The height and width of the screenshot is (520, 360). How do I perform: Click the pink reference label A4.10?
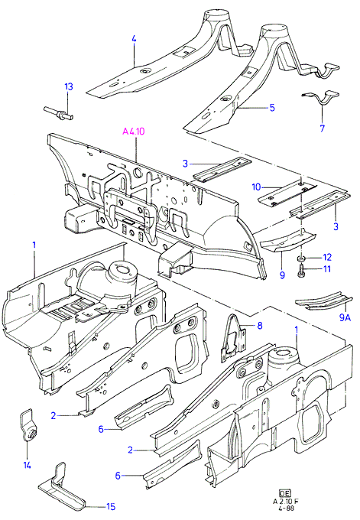[134, 132]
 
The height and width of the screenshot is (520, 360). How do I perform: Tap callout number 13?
[69, 87]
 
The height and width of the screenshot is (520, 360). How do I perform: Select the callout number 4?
[134, 39]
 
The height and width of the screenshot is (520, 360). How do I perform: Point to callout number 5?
[272, 108]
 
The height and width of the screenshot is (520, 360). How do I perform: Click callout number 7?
[323, 128]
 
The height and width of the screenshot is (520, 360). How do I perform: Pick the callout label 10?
[257, 187]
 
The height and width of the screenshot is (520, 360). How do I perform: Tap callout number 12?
[327, 258]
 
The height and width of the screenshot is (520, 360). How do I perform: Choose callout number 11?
[327, 268]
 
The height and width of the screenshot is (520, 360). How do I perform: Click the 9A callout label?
[345, 317]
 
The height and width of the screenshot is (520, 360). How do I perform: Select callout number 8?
[260, 326]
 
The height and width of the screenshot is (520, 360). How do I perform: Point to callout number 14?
[28, 465]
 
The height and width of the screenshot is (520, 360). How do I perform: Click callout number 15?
[111, 506]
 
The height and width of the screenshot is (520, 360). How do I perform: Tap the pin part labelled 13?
[58, 113]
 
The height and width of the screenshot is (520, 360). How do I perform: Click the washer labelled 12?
[302, 258]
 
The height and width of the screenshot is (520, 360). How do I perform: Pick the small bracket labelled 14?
[28, 426]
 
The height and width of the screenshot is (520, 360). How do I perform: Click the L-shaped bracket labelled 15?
[62, 488]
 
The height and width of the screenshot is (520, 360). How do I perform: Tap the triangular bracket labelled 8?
[234, 337]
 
